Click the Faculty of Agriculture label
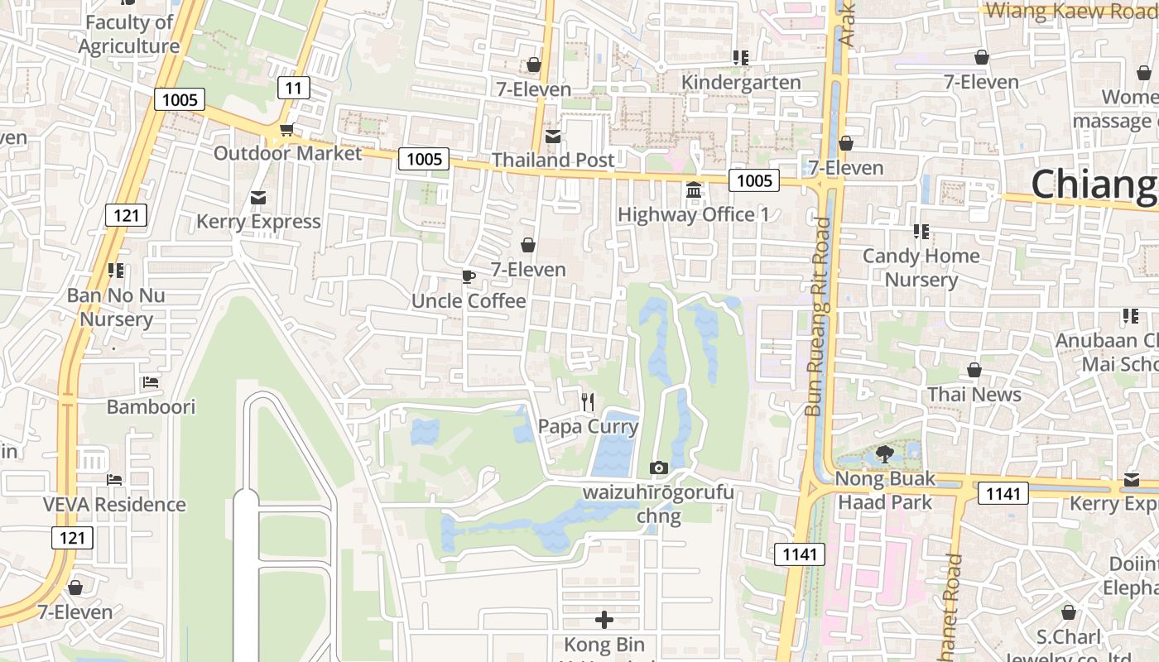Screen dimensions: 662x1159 click(128, 35)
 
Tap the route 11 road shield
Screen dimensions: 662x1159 click(293, 87)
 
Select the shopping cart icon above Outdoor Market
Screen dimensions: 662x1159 click(287, 129)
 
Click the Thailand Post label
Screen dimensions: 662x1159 click(553, 160)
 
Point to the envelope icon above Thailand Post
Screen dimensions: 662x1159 click(552, 136)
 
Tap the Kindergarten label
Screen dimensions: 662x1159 click(741, 82)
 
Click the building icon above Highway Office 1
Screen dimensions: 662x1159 click(694, 190)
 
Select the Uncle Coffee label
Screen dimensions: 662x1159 click(469, 300)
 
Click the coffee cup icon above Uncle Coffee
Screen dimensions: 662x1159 click(469, 276)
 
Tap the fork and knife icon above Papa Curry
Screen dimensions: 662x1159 click(588, 402)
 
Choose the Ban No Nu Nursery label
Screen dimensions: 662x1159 click(116, 307)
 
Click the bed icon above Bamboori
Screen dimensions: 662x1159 click(151, 382)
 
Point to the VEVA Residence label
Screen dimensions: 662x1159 click(114, 504)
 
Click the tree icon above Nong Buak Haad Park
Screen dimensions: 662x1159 click(884, 453)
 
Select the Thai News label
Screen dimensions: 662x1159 click(974, 395)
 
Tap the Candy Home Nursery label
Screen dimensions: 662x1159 click(921, 267)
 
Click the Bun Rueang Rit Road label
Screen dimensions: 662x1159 click(817, 316)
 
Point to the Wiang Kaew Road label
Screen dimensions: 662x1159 click(1071, 11)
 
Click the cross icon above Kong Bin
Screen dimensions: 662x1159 click(604, 619)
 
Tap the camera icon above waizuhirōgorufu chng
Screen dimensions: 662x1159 click(659, 468)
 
